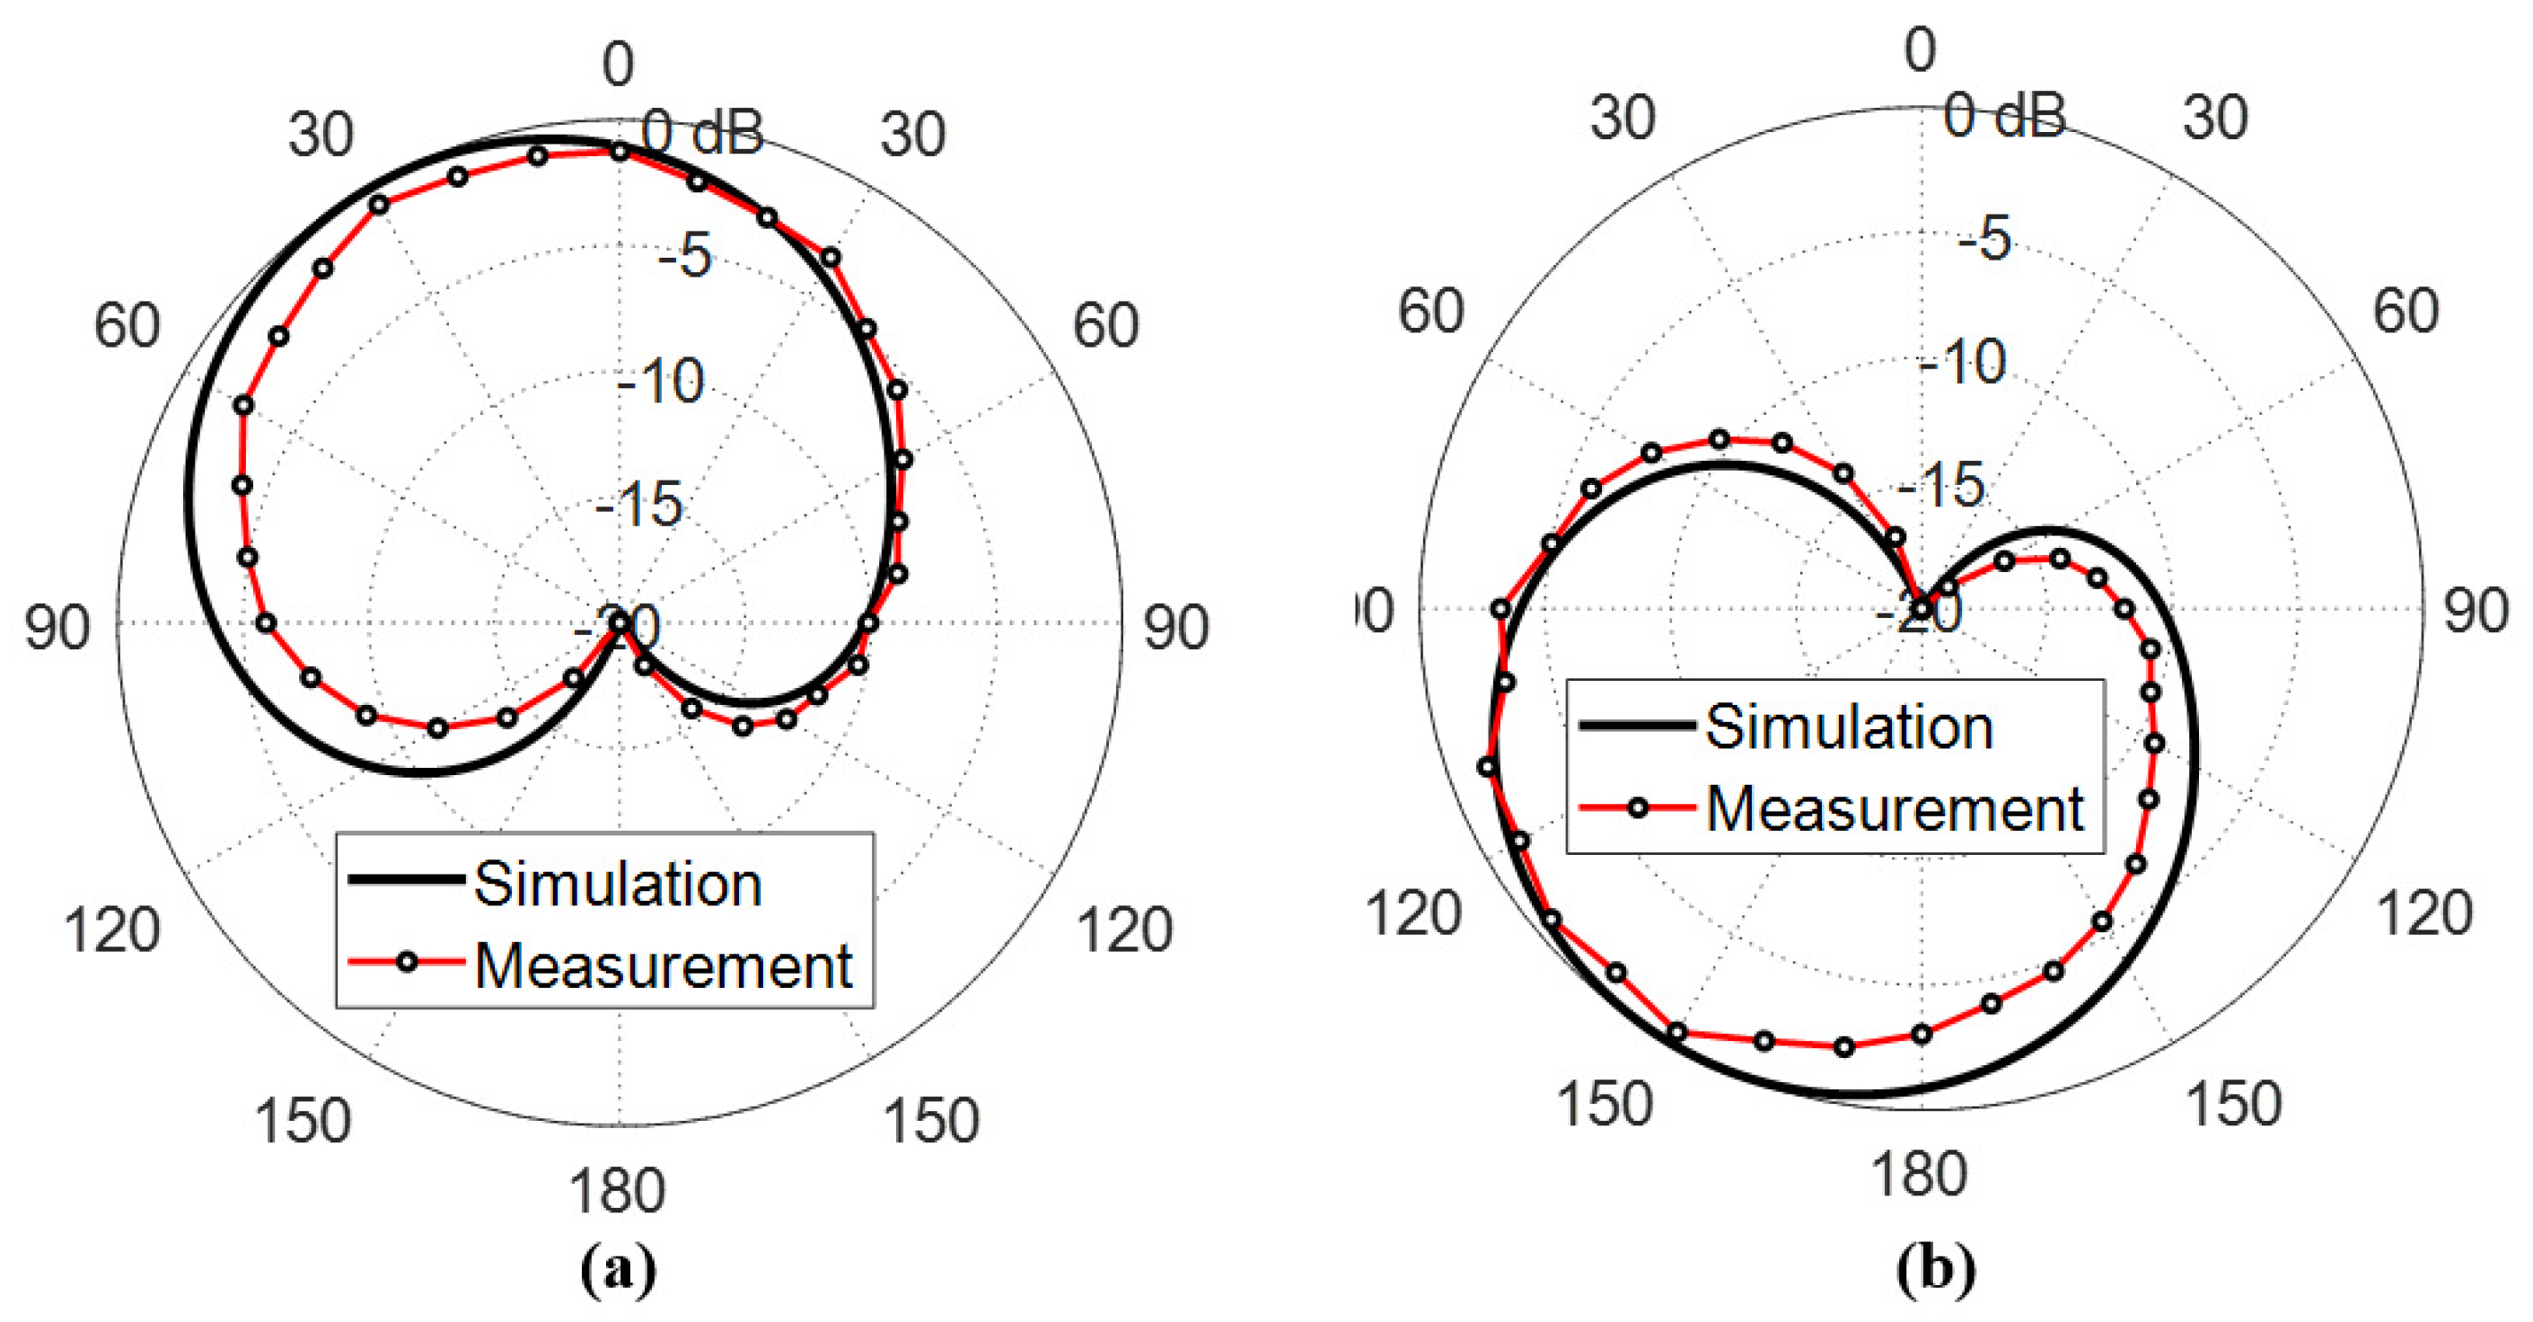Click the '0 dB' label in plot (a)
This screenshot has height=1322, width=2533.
tap(702, 132)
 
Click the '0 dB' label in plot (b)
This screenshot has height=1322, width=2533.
tap(2004, 115)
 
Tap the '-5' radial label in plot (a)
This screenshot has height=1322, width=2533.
tap(684, 256)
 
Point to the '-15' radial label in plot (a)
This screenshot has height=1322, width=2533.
tap(639, 505)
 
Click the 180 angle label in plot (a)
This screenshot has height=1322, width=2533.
tap(618, 1191)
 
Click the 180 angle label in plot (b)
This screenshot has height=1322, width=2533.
tap(1920, 1175)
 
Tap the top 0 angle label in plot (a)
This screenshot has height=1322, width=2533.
tap(618, 66)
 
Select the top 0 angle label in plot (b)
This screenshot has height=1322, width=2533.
tap(1920, 49)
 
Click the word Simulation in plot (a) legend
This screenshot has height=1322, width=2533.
tap(618, 884)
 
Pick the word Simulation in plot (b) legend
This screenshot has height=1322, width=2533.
tap(1849, 727)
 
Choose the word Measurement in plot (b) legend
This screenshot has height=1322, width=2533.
tap(1895, 808)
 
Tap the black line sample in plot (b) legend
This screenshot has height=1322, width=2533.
tap(1637, 726)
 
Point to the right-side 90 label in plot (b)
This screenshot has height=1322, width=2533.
tap(2476, 611)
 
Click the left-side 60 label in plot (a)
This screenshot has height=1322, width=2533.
tap(127, 326)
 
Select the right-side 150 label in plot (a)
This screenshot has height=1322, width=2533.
tap(930, 1120)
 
